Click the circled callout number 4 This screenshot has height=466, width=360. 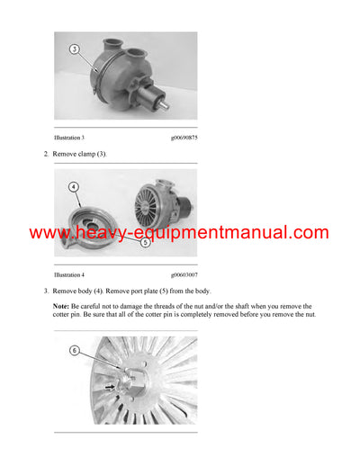pyautogui.click(x=74, y=188)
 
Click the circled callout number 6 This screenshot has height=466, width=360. pyautogui.click(x=76, y=350)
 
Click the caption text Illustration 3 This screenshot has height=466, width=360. pyautogui.click(x=69, y=138)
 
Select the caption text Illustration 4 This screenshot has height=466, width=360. pyautogui.click(x=69, y=273)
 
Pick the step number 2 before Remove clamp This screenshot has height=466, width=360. pyautogui.click(x=46, y=155)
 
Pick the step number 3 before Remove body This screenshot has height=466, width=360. pyautogui.click(x=46, y=291)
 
